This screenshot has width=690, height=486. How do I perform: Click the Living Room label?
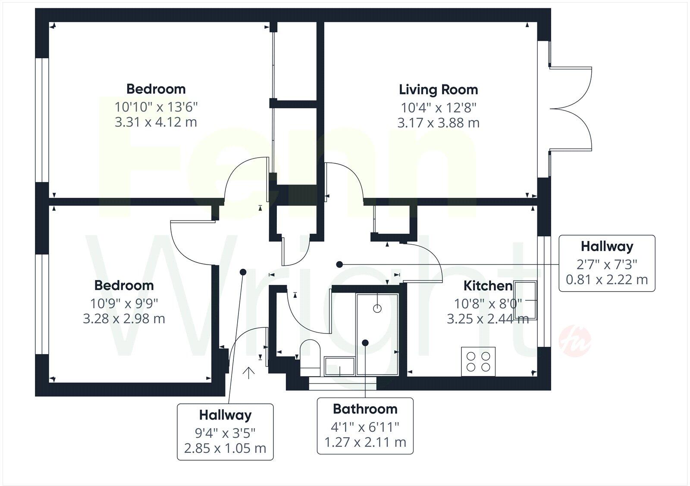438,90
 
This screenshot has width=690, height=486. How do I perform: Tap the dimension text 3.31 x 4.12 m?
156,122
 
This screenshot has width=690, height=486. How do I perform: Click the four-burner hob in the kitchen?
478,361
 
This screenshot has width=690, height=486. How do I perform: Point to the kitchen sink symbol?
525,300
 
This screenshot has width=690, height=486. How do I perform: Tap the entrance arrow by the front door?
249,373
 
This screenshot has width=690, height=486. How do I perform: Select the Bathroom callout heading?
365,408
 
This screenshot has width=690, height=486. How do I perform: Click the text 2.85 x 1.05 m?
225,448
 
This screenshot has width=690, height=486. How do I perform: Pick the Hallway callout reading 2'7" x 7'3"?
607,263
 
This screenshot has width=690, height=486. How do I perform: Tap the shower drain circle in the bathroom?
377,308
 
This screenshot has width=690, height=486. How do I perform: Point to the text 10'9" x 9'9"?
124,303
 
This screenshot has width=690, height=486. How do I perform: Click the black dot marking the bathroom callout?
365,343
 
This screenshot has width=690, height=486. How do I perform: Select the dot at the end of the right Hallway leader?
339,264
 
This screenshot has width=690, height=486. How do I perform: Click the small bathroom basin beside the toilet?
339,367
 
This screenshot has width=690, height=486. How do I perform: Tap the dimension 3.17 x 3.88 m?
438,123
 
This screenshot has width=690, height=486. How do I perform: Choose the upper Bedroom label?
156,89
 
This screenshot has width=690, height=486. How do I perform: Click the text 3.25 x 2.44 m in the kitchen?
488,319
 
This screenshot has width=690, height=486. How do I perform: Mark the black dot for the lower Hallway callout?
243,272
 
